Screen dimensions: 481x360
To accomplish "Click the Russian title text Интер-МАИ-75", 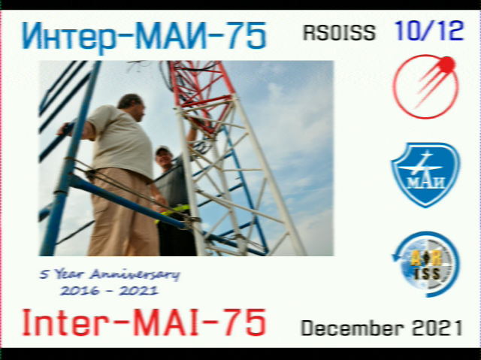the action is [x=144, y=35].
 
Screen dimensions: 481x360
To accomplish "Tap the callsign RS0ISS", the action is [x=339, y=32].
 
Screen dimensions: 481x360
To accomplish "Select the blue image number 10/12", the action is [x=429, y=31].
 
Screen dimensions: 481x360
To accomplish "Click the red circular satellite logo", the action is [x=426, y=86].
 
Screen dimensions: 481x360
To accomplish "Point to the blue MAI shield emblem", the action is [x=425, y=175].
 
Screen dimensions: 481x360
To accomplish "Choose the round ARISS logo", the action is [x=426, y=264].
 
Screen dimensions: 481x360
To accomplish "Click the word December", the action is [x=352, y=328].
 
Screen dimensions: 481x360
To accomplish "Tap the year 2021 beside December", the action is [x=437, y=328].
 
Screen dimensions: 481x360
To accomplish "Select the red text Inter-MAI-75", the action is [x=144, y=322].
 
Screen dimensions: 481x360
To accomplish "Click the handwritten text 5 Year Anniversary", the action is [x=110, y=274].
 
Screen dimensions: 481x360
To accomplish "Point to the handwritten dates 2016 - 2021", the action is [x=109, y=290].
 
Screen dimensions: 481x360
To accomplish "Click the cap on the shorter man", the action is [x=162, y=150].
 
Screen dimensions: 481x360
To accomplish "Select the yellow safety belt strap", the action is [x=174, y=212].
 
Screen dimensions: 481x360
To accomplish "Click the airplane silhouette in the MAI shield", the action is [x=422, y=165].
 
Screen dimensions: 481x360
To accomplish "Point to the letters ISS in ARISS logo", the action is [x=428, y=274].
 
